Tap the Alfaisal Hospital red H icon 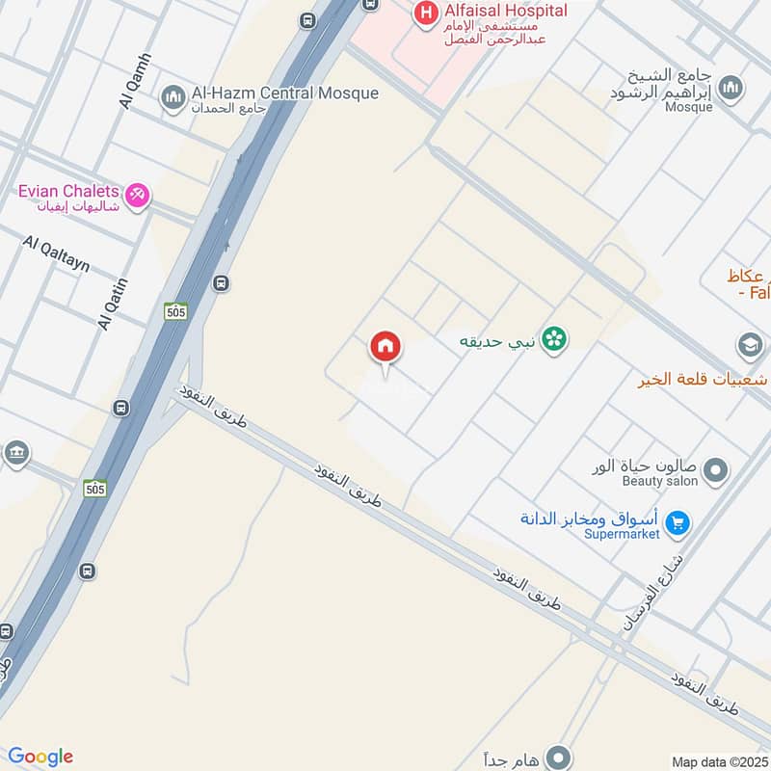point(422,13)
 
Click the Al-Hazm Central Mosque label point(285,93)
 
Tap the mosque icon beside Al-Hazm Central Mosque point(173,97)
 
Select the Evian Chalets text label point(68,191)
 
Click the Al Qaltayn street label point(56,253)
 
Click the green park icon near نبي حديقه point(554,337)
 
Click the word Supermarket point(623,533)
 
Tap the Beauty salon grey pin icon point(715,471)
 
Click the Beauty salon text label point(659,481)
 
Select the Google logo point(40,757)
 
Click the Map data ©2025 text point(718,761)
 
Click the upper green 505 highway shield point(174,310)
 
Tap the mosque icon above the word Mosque point(731,88)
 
